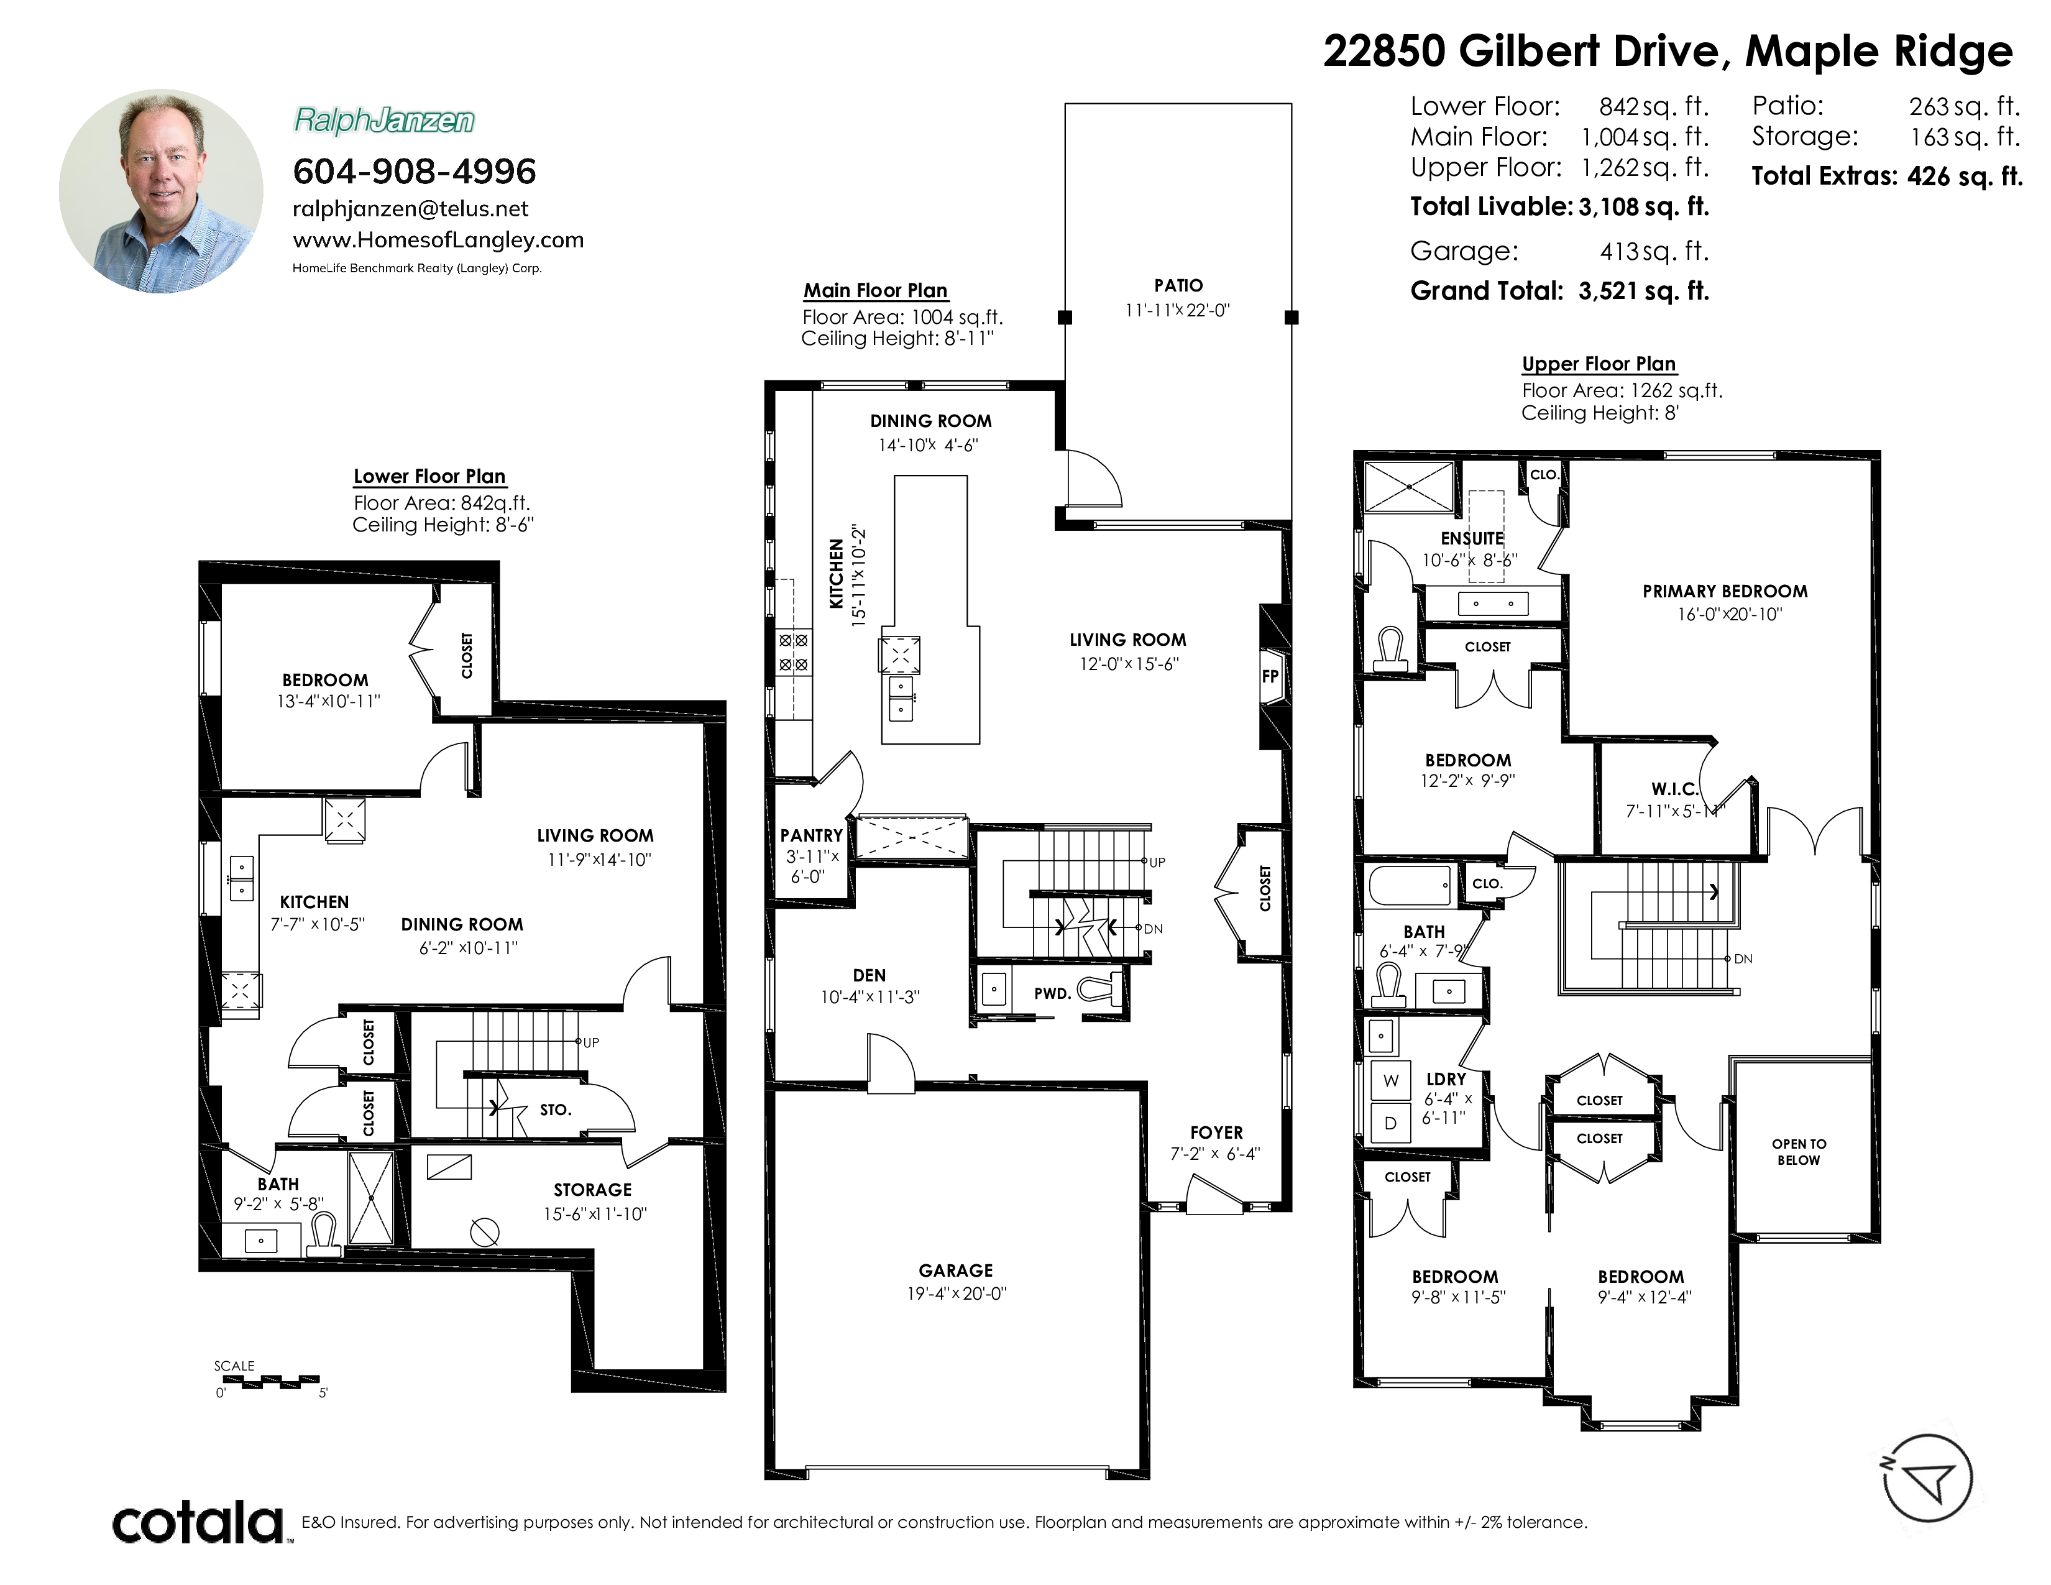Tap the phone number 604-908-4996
tap(414, 171)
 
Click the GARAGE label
tap(955, 1270)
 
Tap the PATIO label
tap(1178, 285)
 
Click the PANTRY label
tap(811, 835)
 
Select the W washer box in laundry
tap(1391, 1081)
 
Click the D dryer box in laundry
tap(1391, 1123)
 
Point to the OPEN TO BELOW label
tap(1799, 1152)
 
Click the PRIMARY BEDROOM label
tap(1725, 592)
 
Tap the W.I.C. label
tap(1674, 789)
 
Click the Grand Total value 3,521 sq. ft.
tap(1643, 291)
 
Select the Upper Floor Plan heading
tap(1599, 364)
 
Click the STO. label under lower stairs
tap(555, 1110)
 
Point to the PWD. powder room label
tap(1052, 993)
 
